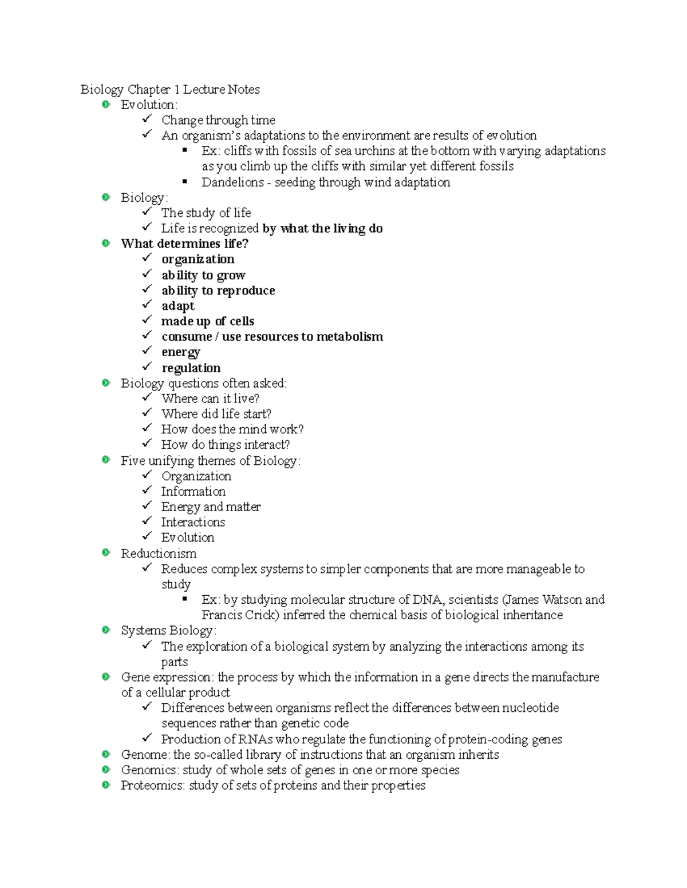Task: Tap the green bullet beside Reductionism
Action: click(106, 552)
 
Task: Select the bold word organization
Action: click(198, 260)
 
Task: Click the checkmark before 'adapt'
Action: click(147, 305)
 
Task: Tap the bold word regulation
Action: click(191, 368)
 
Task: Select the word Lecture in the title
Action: click(204, 90)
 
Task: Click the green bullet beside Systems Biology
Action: click(106, 630)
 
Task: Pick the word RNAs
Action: click(256, 739)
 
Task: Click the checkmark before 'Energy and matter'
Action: click(147, 505)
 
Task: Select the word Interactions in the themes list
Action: click(193, 522)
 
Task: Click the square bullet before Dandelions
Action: click(185, 181)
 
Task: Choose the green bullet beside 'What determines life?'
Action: click(106, 243)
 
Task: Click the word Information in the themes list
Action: click(193, 491)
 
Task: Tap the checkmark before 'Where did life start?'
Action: click(147, 412)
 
